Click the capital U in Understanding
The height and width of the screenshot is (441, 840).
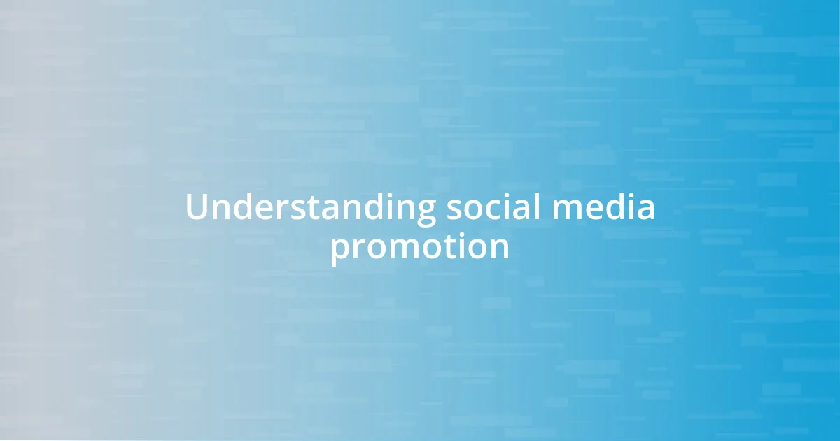(x=197, y=209)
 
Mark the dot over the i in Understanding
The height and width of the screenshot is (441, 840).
(x=379, y=195)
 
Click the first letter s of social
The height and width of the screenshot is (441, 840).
(x=451, y=211)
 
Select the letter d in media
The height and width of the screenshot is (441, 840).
(x=611, y=208)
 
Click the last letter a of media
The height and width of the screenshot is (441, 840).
(x=645, y=211)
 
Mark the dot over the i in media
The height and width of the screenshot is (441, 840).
(x=627, y=195)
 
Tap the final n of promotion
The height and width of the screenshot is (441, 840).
(x=499, y=248)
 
